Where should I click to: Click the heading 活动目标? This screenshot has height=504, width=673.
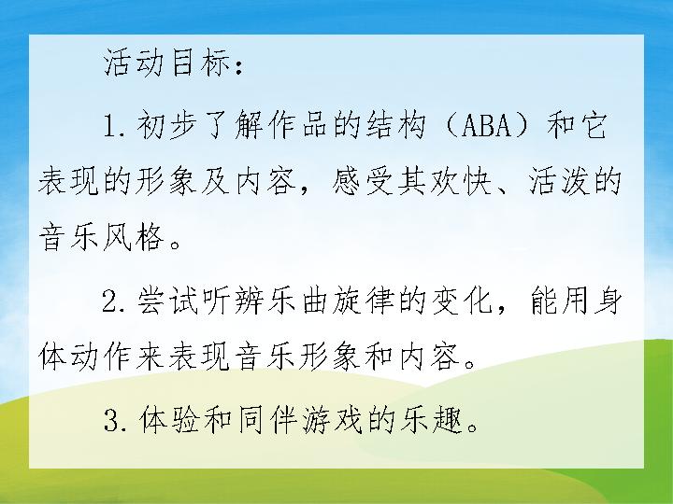pyautogui.click(x=167, y=63)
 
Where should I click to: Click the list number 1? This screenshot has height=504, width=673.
pyautogui.click(x=111, y=126)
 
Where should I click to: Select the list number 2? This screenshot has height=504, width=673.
pyautogui.click(x=112, y=300)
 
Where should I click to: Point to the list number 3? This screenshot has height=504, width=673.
pyautogui.click(x=112, y=420)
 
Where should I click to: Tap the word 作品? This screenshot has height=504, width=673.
pyautogui.click(x=297, y=126)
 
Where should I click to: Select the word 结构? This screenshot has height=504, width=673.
pyautogui.click(x=395, y=126)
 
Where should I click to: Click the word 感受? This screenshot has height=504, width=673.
pyautogui.click(x=363, y=182)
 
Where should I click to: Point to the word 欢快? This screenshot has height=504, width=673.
pyautogui.click(x=461, y=182)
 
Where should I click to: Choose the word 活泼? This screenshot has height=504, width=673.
pyautogui.click(x=558, y=182)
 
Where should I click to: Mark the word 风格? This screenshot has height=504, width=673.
pyautogui.click(x=135, y=237)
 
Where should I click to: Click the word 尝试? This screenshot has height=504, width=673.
pyautogui.click(x=168, y=300)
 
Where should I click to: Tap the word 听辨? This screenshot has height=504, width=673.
pyautogui.click(x=232, y=300)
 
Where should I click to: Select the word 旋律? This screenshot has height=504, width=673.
pyautogui.click(x=363, y=300)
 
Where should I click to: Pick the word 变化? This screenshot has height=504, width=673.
pyautogui.click(x=461, y=300)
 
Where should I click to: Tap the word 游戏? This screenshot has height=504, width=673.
pyautogui.click(x=330, y=420)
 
